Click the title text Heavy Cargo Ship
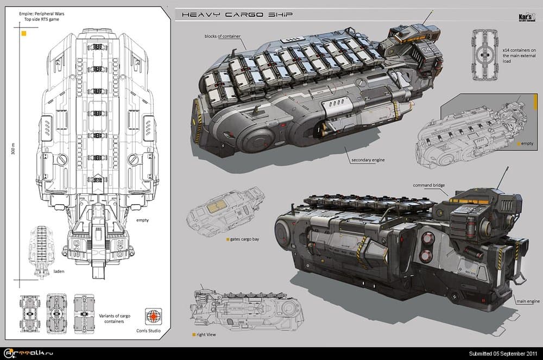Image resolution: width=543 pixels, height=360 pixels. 235,15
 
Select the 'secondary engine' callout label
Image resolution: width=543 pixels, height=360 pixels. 370,161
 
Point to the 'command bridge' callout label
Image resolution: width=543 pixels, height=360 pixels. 428,186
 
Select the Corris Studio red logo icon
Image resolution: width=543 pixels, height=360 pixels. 155,315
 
